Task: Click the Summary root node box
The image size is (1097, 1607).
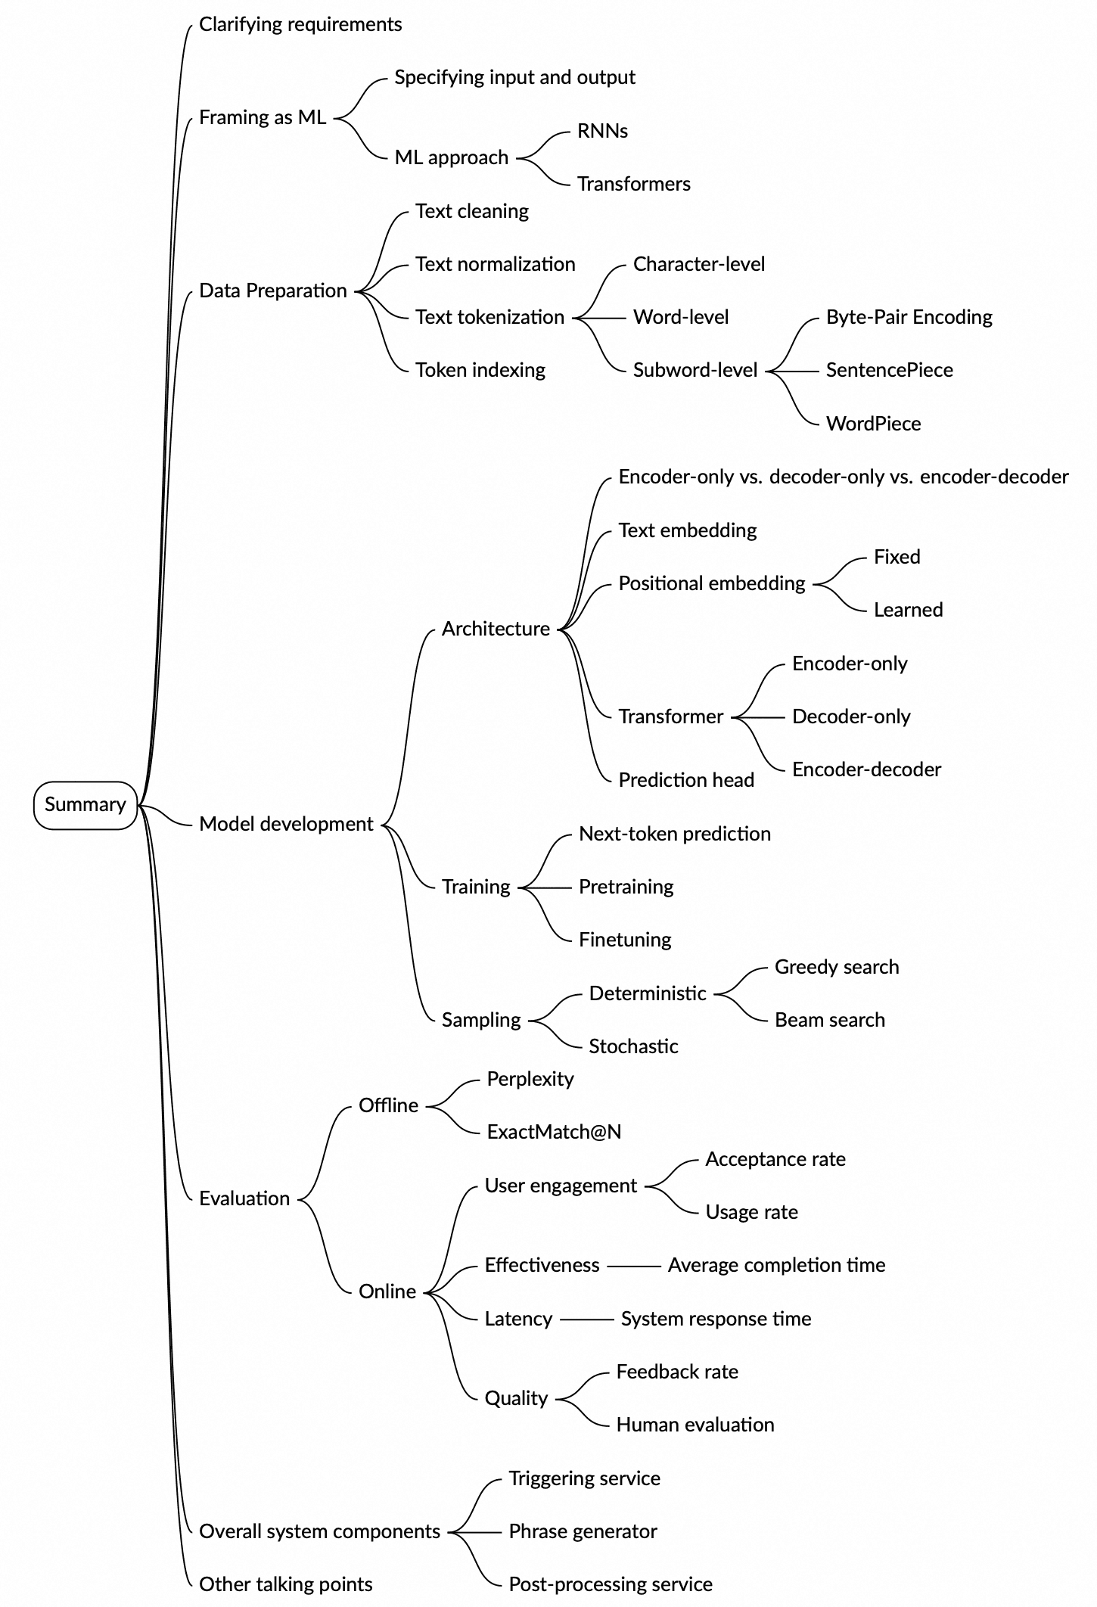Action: click(x=85, y=805)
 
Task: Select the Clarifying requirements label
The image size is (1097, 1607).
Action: click(x=300, y=24)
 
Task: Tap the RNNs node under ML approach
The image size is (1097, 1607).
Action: click(x=602, y=131)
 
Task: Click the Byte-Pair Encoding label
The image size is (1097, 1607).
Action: click(x=909, y=317)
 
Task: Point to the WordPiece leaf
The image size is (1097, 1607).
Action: click(x=873, y=424)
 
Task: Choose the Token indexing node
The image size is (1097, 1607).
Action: click(x=480, y=370)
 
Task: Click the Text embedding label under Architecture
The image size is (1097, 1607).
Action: click(x=687, y=530)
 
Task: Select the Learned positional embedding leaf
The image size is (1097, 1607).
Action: click(x=908, y=610)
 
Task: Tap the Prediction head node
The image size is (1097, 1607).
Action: click(x=685, y=780)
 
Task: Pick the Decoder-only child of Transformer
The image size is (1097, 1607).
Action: click(x=850, y=716)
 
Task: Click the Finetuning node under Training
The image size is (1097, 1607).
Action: click(x=625, y=940)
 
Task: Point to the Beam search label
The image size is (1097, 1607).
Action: click(x=829, y=1020)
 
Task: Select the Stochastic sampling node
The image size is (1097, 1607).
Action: click(x=633, y=1046)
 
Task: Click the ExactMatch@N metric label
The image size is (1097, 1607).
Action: click(x=554, y=1132)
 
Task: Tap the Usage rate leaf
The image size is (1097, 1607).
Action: click(x=751, y=1212)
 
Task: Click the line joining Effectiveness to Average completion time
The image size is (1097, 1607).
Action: click(x=633, y=1266)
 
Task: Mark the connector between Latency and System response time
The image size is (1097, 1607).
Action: click(x=586, y=1319)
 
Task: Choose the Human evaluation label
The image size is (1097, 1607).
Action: click(x=695, y=1425)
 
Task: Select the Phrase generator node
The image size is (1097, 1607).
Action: click(x=583, y=1531)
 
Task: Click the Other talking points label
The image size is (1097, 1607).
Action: click(x=285, y=1584)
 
